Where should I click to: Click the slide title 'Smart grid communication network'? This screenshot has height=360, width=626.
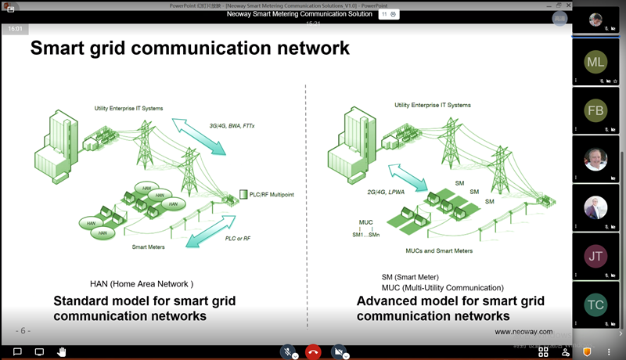coord(189,49)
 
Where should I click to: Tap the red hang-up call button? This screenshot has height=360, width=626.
coord(313,352)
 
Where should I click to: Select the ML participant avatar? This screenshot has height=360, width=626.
coord(595,62)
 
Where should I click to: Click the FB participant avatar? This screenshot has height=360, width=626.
coord(595,110)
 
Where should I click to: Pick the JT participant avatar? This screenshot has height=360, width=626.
coord(595,256)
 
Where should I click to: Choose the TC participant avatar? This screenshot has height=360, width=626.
coord(595,304)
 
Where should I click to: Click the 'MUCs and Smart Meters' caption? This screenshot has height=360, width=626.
coord(440,250)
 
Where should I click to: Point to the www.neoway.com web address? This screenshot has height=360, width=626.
coord(523,332)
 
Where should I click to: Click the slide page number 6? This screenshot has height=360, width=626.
coord(24,331)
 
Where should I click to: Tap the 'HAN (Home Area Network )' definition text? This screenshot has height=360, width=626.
coord(142,284)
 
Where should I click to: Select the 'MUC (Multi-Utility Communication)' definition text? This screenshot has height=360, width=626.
coord(442,287)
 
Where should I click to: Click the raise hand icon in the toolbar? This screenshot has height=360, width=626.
coord(60,352)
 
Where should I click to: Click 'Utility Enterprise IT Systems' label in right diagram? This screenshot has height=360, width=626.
coord(433,105)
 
